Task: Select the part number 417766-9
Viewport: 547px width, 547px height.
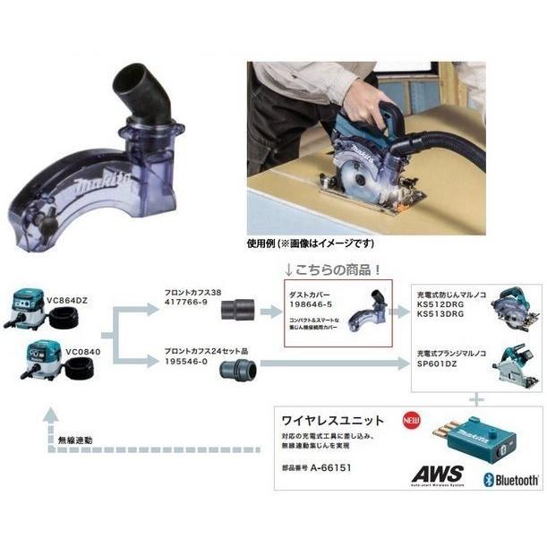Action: (x=186, y=303)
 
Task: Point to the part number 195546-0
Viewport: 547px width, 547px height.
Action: (x=186, y=361)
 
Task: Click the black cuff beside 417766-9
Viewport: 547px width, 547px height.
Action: (x=240, y=310)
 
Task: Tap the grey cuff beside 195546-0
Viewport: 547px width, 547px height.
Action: (x=240, y=368)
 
